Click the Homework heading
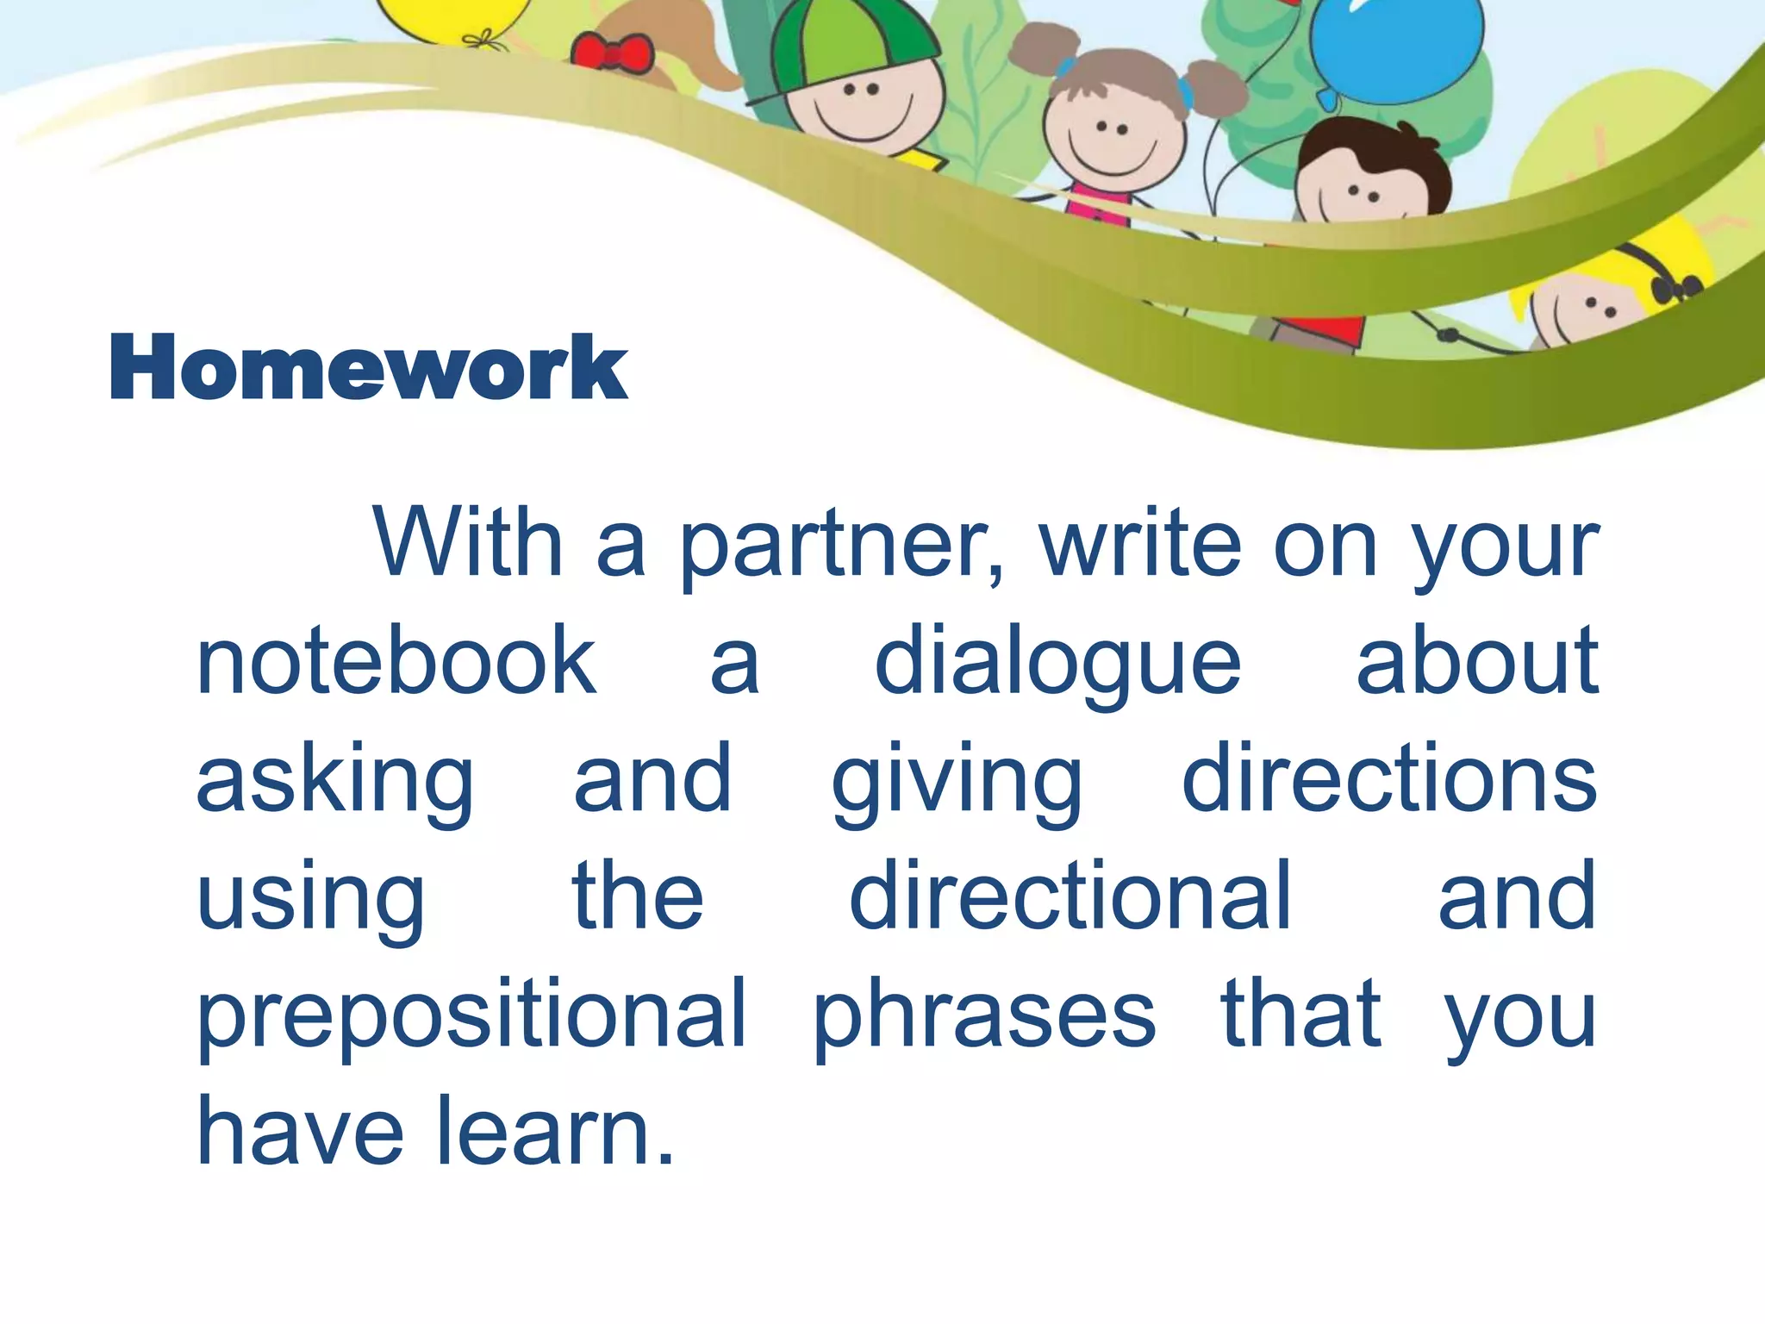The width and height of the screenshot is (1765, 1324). [x=368, y=368]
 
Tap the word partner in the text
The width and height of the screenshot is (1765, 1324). [x=840, y=545]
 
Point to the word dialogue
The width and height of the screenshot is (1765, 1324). [x=1057, y=664]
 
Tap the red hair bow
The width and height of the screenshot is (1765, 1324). [x=612, y=52]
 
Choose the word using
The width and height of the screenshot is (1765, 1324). [x=310, y=899]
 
